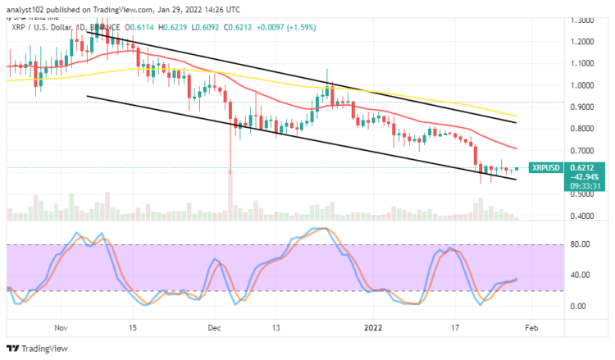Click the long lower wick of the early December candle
coord(230,152)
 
